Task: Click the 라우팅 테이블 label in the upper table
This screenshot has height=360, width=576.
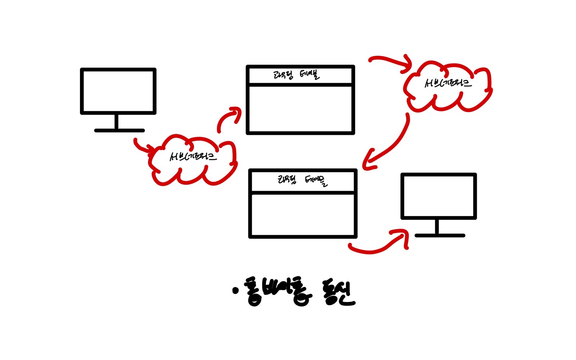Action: click(297, 75)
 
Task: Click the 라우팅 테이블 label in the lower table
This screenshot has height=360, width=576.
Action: click(302, 181)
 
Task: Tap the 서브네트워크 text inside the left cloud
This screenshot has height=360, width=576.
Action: click(193, 156)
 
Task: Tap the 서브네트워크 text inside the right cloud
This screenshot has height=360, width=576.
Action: click(448, 83)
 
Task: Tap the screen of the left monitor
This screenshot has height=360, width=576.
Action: click(118, 91)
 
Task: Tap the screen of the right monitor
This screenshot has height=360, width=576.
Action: click(438, 196)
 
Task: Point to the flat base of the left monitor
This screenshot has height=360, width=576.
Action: click(119, 130)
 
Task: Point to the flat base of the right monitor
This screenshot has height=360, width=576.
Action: click(440, 236)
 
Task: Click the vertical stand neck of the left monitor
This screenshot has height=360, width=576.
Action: click(116, 122)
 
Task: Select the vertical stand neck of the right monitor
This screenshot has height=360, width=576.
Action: click(437, 227)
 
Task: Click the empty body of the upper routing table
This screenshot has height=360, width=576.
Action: click(300, 109)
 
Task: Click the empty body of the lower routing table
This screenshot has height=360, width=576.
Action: click(302, 215)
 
